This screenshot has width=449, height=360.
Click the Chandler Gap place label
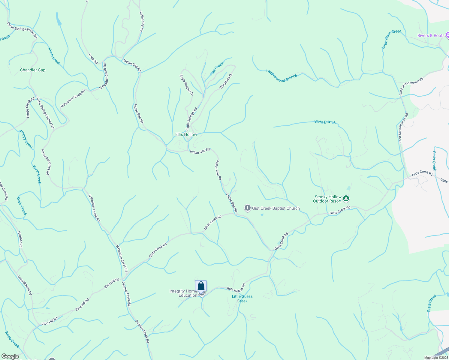coord(33,70)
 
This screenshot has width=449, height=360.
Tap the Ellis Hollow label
coord(186,134)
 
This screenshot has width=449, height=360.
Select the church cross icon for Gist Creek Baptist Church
coord(247,208)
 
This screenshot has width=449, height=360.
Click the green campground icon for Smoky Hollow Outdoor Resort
coord(346,198)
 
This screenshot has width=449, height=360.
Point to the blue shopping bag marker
coord(201,286)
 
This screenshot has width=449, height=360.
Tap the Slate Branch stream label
coord(325,122)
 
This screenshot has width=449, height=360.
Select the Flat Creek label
coord(217,69)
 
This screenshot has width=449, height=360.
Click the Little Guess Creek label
coord(242,298)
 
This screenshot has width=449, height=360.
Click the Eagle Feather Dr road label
coord(186,85)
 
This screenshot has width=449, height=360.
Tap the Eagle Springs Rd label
coord(191,119)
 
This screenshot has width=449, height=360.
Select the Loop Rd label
coord(93,59)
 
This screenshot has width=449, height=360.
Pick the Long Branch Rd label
coord(25,285)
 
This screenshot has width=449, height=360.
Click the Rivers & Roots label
coord(431,35)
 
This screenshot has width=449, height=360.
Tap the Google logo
coord(10,356)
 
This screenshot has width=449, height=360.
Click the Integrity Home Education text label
coord(183,293)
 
